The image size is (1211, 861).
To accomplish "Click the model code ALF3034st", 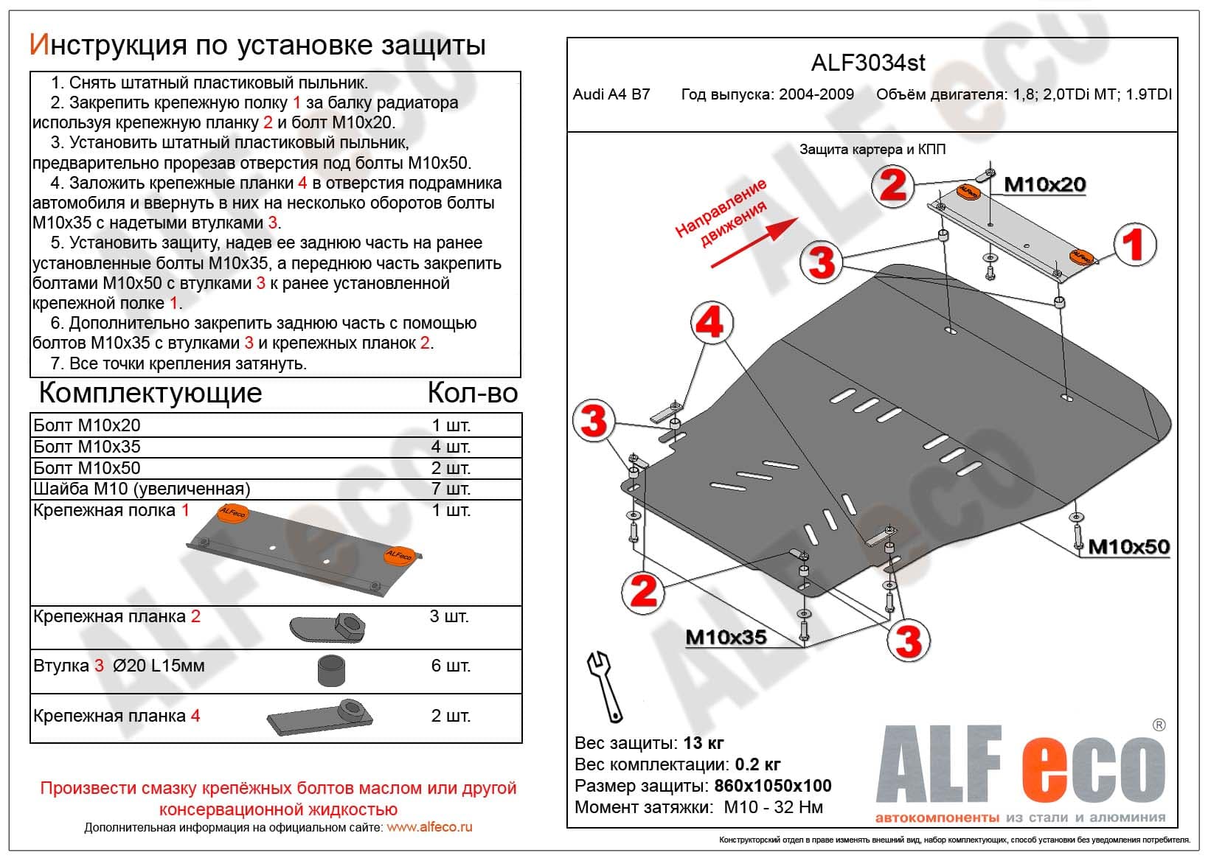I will [x=868, y=63].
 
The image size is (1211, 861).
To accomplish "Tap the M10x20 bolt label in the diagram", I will [x=1044, y=184].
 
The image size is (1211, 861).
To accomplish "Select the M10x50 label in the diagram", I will [x=1128, y=547].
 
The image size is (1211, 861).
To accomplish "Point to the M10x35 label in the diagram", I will [x=726, y=638].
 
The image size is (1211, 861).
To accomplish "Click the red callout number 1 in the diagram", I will [x=1133, y=245].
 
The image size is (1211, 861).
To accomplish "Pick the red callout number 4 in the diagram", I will [x=711, y=324].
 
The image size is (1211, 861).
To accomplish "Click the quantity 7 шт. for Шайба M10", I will [x=451, y=489].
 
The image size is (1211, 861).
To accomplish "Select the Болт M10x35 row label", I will [x=87, y=447].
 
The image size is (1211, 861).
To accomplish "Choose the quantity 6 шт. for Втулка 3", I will [x=451, y=666].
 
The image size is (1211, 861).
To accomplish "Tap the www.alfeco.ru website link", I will [x=429, y=827].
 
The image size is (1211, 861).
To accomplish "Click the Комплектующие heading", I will [x=150, y=393].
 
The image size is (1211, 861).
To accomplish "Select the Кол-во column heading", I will [x=472, y=393].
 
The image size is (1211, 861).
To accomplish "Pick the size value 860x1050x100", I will [x=772, y=786].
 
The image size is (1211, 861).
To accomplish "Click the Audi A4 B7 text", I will [x=611, y=95].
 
